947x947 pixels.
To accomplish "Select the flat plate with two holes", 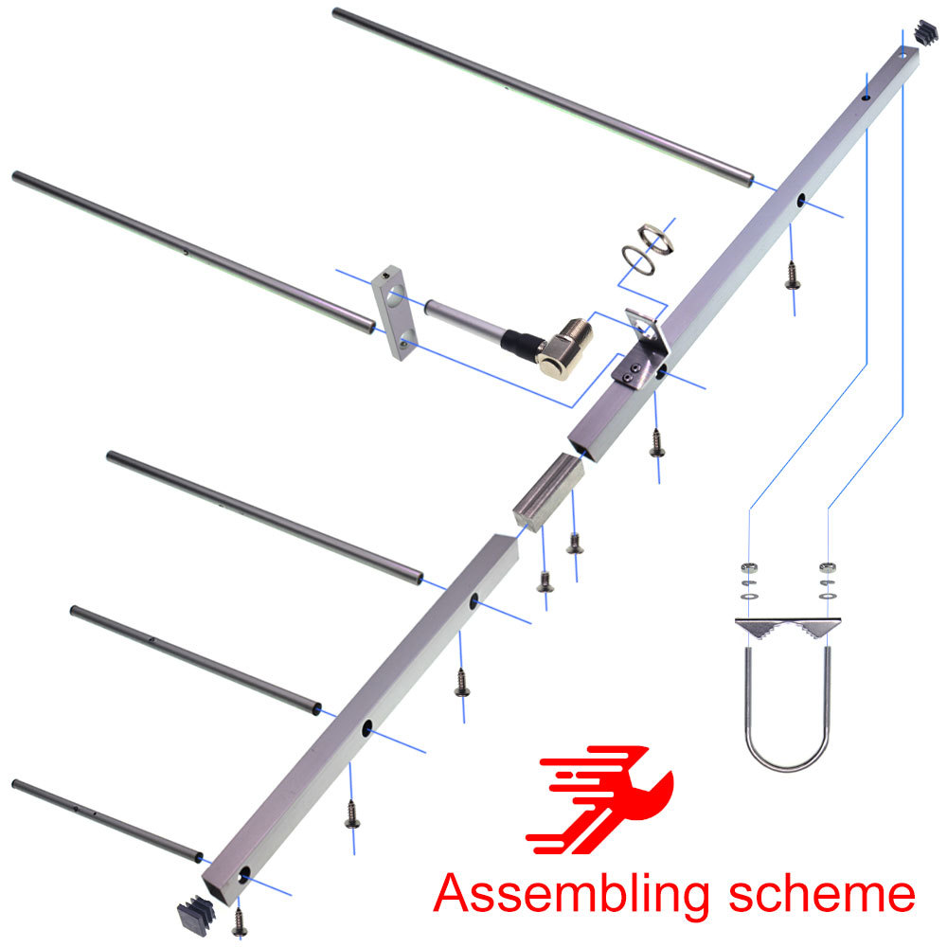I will (x=395, y=313).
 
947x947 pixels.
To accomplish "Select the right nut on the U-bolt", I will (x=827, y=568).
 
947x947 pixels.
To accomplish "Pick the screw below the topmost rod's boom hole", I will (x=792, y=275).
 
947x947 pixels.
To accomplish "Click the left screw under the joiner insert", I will (x=544, y=580).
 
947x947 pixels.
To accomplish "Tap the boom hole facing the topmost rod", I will (x=801, y=201).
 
